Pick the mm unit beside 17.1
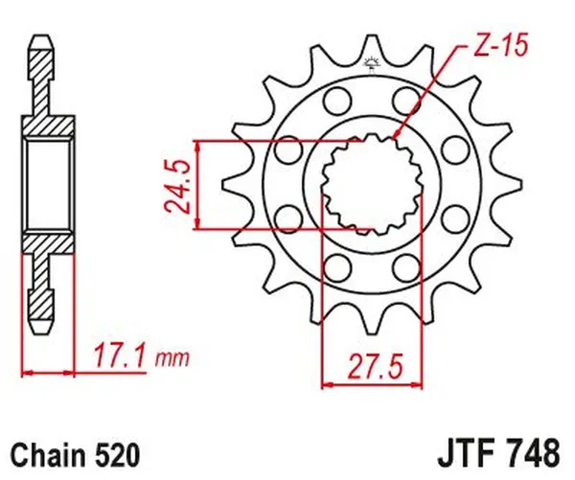[x=172, y=360]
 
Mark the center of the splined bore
[x=371, y=184]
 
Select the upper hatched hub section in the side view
[x=45, y=121]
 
